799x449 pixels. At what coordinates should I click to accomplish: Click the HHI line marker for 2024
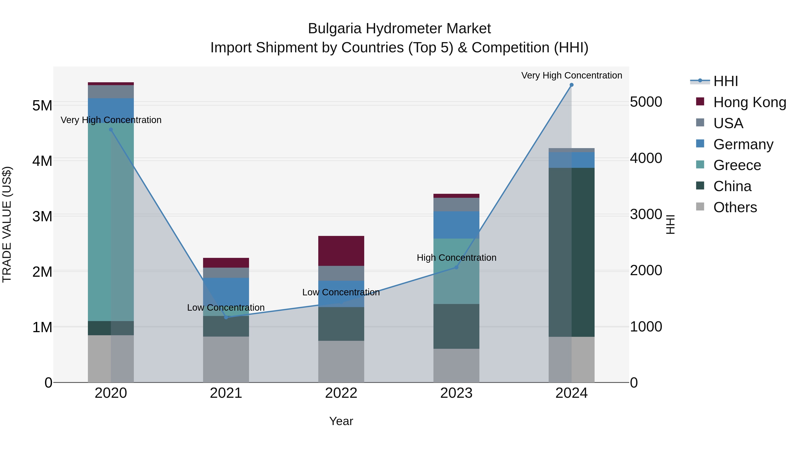(571, 85)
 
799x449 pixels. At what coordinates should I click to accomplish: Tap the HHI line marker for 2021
(226, 317)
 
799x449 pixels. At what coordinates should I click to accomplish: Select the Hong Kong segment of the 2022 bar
(341, 251)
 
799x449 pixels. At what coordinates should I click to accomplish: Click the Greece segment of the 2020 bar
(111, 222)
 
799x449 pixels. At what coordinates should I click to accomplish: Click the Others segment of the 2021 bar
(226, 359)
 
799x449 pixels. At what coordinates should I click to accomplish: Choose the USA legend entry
(728, 123)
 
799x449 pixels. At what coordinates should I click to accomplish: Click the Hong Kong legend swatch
(700, 102)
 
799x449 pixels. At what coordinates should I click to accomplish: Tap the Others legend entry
(735, 207)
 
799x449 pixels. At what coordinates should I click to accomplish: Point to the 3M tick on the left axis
(42, 216)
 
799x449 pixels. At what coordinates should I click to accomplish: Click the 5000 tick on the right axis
(646, 102)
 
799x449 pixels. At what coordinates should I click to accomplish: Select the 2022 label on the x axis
(341, 393)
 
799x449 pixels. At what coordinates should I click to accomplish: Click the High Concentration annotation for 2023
(456, 257)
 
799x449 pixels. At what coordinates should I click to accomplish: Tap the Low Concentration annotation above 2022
(341, 292)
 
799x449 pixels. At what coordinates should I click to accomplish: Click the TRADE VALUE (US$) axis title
(7, 224)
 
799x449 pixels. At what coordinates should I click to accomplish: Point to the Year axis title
(341, 421)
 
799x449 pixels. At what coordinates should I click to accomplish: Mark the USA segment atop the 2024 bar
(571, 150)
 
